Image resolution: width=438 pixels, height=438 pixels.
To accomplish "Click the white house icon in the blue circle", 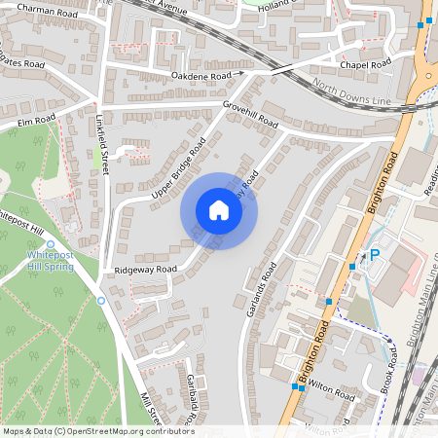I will (219, 210).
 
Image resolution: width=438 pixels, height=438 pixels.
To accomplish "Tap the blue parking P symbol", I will (375, 256).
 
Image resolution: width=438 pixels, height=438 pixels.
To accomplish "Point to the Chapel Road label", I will (364, 64).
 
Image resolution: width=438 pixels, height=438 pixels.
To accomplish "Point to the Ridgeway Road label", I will (145, 269).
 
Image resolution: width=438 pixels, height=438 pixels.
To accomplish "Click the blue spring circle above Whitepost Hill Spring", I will (51, 244).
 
